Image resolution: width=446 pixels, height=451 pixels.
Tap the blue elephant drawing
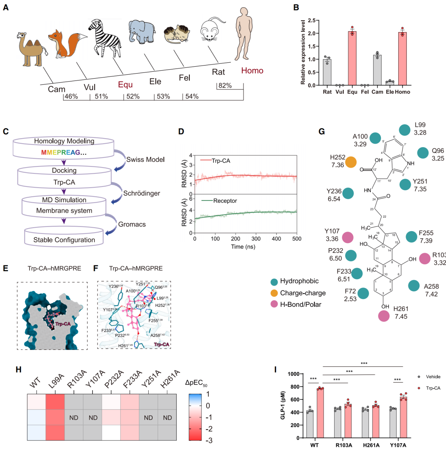[x=142, y=31]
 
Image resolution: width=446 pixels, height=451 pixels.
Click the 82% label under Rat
[x=225, y=85]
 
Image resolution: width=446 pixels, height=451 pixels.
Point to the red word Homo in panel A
[x=252, y=71]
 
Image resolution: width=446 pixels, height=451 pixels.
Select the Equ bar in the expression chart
[x=352, y=58]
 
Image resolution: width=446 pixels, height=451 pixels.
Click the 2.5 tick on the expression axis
[x=311, y=20]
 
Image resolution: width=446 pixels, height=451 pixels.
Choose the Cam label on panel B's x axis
[x=377, y=92]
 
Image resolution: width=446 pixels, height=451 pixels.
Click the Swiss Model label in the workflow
[x=145, y=159]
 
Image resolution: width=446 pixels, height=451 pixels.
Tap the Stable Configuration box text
[x=64, y=240]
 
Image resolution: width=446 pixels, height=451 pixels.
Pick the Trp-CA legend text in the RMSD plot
[x=221, y=161]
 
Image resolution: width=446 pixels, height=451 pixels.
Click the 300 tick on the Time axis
[x=256, y=239]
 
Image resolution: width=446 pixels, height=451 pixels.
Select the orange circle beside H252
[x=351, y=162]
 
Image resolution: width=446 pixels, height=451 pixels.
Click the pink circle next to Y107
[x=348, y=237]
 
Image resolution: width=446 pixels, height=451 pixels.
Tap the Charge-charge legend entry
[x=303, y=293]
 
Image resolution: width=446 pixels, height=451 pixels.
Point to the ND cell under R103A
[x=74, y=418]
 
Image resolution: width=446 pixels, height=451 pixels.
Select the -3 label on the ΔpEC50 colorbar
[x=209, y=440]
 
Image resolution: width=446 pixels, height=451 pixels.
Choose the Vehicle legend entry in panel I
[x=433, y=376]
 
